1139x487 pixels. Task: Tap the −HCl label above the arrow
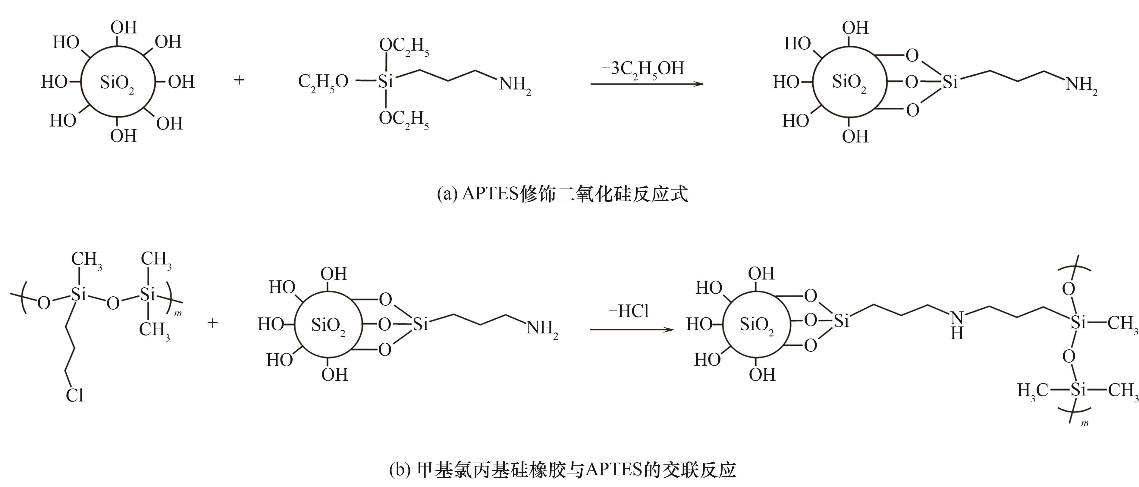pos(628,311)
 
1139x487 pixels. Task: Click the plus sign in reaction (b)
pos(213,323)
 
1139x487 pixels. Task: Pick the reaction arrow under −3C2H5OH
pos(647,83)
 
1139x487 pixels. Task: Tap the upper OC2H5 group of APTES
pos(404,47)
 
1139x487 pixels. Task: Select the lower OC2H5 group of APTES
pos(404,120)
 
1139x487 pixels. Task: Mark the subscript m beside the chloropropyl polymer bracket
pos(178,314)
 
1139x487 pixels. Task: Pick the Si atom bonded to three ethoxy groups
pos(386,81)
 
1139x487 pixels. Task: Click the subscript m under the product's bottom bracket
pos(1085,424)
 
